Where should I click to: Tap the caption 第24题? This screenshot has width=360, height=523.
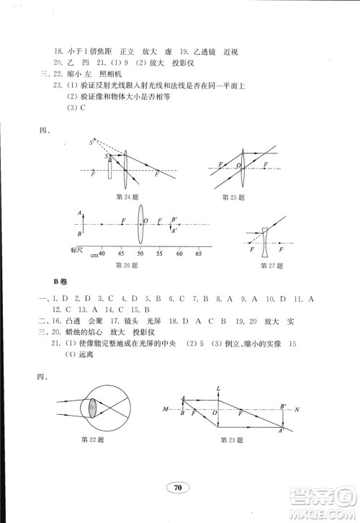click(x=126, y=196)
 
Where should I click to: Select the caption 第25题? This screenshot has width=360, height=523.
click(x=234, y=196)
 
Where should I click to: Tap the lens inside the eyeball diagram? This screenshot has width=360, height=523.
click(x=92, y=408)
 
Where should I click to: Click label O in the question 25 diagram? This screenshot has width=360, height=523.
click(x=238, y=166)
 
